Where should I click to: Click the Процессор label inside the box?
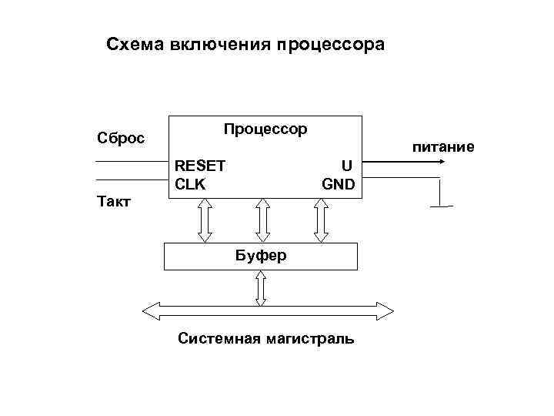(265, 129)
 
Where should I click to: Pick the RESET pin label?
(200, 166)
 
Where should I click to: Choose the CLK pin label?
(190, 184)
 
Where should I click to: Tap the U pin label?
(346, 166)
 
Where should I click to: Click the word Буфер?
(261, 255)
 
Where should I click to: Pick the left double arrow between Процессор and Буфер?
(205, 220)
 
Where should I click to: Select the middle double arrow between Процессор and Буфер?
(262, 220)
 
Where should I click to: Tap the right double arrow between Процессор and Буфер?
(320, 220)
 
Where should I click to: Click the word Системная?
(219, 338)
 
